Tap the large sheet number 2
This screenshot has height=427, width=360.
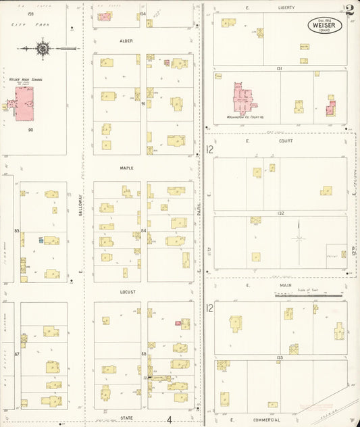pyautogui.click(x=349, y=10)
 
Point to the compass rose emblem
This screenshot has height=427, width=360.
pyautogui.click(x=43, y=49)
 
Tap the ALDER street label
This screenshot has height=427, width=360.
pyautogui.click(x=126, y=41)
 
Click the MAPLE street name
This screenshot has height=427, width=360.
pyautogui.click(x=127, y=168)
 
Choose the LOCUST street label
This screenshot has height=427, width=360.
pyautogui.click(x=128, y=292)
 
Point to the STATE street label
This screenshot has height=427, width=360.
pyautogui.click(x=127, y=418)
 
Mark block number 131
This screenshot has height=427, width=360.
pyautogui.click(x=278, y=68)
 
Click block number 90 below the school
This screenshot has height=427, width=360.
pyautogui.click(x=30, y=129)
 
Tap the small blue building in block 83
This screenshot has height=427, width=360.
pyautogui.click(x=41, y=240)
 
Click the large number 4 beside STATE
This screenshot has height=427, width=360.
pyautogui.click(x=169, y=419)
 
